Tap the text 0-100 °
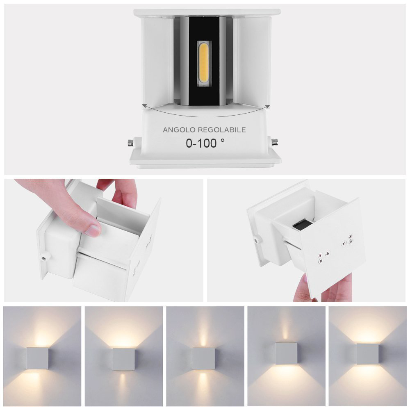point(205,143)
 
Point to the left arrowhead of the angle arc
point(144,106)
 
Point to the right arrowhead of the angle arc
point(267,107)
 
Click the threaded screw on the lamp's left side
point(131,143)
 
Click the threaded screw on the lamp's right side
point(275,143)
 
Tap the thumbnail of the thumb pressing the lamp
point(93,230)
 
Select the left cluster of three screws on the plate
point(323,256)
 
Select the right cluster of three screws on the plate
point(347,240)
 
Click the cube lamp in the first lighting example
point(38,358)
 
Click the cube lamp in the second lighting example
point(124,359)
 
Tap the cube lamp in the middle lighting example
point(204,358)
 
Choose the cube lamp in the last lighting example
point(368,354)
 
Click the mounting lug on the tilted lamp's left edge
point(257,239)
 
